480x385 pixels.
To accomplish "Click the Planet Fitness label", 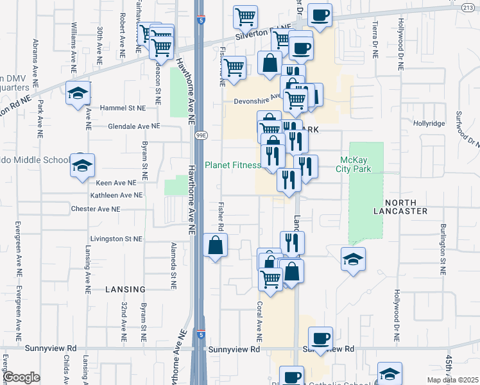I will (232, 165).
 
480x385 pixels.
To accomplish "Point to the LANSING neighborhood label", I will (124, 289).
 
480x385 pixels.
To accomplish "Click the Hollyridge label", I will (429, 123).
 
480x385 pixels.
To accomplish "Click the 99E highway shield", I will (201, 135).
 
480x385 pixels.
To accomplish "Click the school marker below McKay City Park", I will (353, 260).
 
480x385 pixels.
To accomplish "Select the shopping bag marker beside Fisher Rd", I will (216, 246).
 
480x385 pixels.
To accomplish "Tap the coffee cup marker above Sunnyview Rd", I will (320, 338).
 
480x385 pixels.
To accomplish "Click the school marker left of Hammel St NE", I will (78, 93).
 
